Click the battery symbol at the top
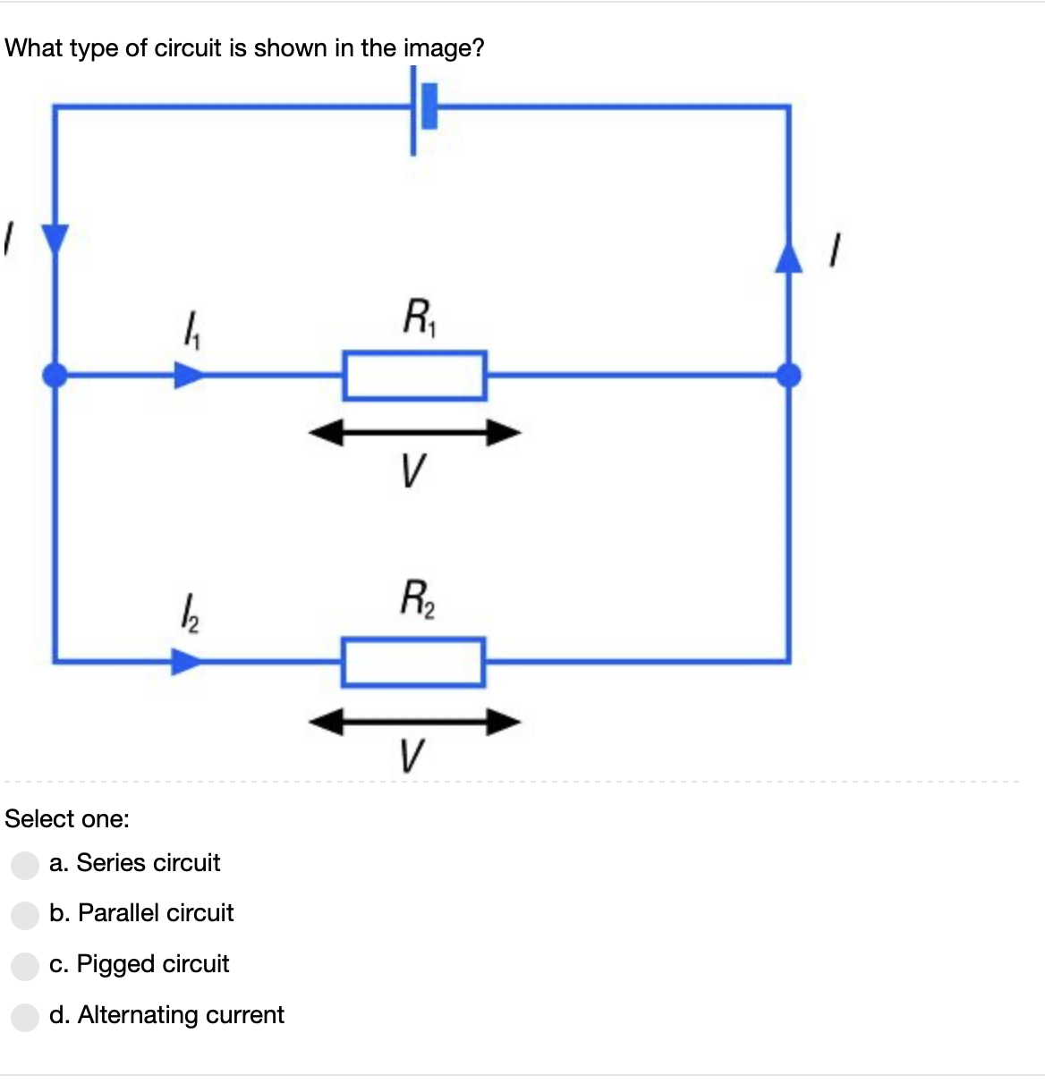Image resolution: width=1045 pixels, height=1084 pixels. pyautogui.click(x=422, y=107)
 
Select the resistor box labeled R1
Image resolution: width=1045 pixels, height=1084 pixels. pyautogui.click(x=414, y=376)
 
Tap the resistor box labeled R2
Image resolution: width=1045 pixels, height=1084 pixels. pyautogui.click(x=413, y=662)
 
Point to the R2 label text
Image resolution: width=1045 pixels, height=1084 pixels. pyautogui.click(x=417, y=599)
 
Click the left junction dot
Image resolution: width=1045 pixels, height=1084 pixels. pyautogui.click(x=55, y=376)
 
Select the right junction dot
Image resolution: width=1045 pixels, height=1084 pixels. pyautogui.click(x=788, y=376)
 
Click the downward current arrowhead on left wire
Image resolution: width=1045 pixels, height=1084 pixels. pyautogui.click(x=55, y=240)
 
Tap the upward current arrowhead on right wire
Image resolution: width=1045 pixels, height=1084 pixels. pyautogui.click(x=788, y=256)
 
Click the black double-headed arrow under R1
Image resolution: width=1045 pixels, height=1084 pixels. pyautogui.click(x=414, y=434)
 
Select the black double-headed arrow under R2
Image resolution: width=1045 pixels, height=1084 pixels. pyautogui.click(x=414, y=721)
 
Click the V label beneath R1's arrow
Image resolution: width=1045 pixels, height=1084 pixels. pyautogui.click(x=412, y=470)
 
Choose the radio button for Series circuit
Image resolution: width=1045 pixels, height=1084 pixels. pyautogui.click(x=25, y=864)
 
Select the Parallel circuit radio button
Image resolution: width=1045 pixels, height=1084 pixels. pyautogui.click(x=25, y=914)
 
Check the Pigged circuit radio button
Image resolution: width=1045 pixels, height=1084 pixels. pyautogui.click(x=25, y=965)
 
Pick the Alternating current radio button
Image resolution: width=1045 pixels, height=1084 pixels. pyautogui.click(x=25, y=1016)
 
